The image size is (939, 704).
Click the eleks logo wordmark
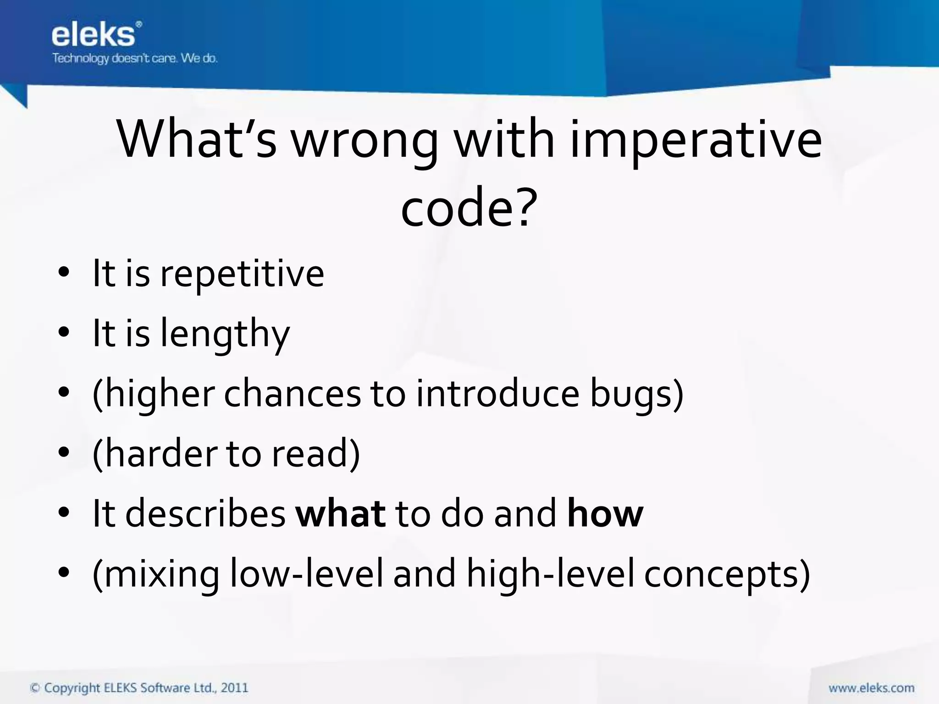[x=94, y=35]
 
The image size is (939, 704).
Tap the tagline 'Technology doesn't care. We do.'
[x=135, y=59]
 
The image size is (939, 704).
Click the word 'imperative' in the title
[x=696, y=140]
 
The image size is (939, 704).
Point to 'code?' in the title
[x=469, y=209]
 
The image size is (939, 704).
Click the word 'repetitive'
[x=242, y=274]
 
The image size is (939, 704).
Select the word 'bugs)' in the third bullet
[x=637, y=394]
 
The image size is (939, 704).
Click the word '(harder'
[x=154, y=454]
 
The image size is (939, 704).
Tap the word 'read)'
[x=316, y=454]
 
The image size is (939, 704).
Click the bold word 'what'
[x=340, y=514]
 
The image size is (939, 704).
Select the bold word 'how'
[x=605, y=514]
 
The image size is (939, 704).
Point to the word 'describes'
[x=205, y=514]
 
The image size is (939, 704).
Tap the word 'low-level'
[x=306, y=574]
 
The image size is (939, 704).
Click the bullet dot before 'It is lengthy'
[x=64, y=333]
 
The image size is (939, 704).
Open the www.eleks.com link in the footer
[x=871, y=688]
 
